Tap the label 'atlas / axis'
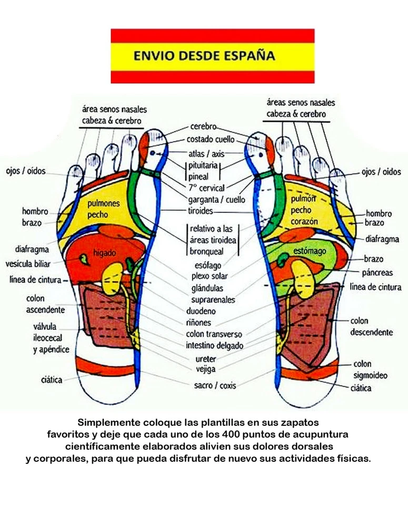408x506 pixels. click(x=206, y=154)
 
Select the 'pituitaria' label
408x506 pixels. click(x=203, y=166)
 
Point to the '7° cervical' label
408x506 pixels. click(x=206, y=188)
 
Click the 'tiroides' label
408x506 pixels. click(x=201, y=210)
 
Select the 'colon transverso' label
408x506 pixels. click(x=214, y=334)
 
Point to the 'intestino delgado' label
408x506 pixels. click(x=215, y=346)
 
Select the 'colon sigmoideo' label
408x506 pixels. click(x=370, y=369)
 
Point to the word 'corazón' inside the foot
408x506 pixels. click(x=304, y=222)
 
